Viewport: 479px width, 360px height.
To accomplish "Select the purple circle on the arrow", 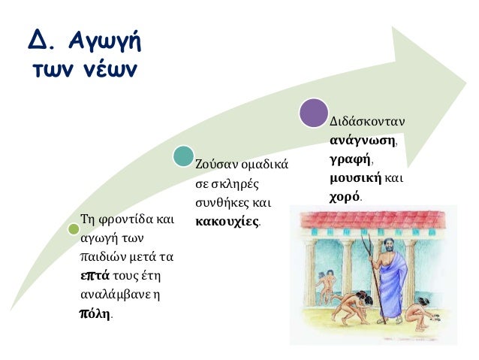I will click(x=315, y=112).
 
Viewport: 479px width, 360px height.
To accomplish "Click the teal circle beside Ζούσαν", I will click(x=182, y=156).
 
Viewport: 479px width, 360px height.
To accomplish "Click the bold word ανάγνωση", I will click(x=363, y=141).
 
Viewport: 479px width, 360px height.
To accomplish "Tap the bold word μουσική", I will click(x=355, y=179).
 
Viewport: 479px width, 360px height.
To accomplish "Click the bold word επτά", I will click(x=95, y=274).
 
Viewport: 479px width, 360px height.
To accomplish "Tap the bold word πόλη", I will click(x=95, y=313).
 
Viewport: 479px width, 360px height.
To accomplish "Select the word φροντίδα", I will click(x=123, y=221).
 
